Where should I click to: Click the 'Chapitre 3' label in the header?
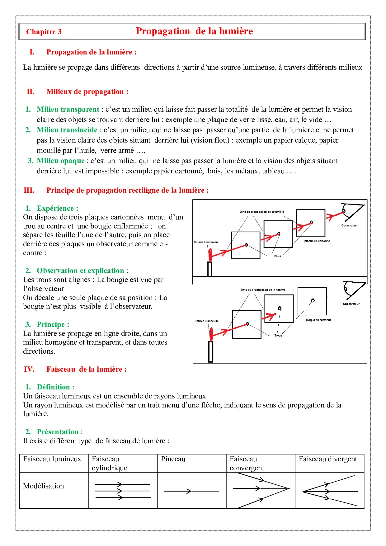pos(44,32)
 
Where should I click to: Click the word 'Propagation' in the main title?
pos(163,31)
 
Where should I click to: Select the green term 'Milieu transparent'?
pos(68,109)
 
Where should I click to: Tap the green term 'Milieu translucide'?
pos(67,130)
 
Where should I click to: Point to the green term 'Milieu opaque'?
pos(60,161)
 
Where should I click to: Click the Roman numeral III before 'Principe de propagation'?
pos(29,190)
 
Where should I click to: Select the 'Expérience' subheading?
pos(57,208)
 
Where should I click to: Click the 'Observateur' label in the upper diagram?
pos(349,225)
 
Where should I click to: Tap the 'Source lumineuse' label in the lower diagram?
pos(206,321)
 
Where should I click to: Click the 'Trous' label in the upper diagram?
pos(277,256)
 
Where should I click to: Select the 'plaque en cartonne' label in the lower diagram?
pos(318,320)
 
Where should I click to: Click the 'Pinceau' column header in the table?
pos(173,459)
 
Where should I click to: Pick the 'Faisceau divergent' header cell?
pos(327,459)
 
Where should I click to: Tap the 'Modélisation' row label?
pos(44,486)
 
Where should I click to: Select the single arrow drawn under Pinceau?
pos(191,491)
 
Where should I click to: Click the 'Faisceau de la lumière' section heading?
pos(86,369)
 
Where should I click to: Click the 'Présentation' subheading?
pos(58,432)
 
